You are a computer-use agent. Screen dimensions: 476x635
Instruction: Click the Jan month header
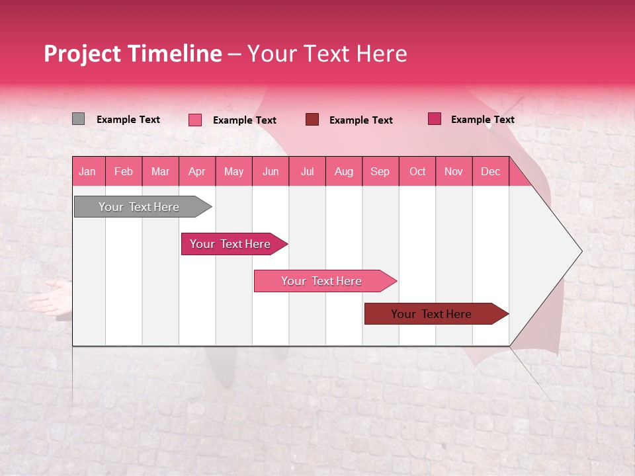pos(87,171)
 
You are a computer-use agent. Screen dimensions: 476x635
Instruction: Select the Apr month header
pos(196,171)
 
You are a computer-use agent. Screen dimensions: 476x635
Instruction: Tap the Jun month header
pos(271,171)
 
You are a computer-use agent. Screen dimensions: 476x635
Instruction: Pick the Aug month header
pos(343,171)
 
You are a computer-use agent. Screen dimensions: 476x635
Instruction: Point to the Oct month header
pos(417,171)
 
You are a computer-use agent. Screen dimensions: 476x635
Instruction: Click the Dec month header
pos(490,171)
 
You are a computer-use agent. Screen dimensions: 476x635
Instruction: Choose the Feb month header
pos(124,171)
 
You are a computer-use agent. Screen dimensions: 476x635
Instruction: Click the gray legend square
pos(78,119)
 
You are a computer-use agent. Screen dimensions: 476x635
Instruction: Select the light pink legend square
pos(195,120)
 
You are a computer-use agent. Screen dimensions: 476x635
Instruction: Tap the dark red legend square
pos(312,120)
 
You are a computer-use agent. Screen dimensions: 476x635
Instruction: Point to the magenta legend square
pos(435,119)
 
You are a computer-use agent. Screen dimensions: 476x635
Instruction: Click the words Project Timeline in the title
pos(132,54)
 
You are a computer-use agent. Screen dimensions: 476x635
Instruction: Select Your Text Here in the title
pos(327,54)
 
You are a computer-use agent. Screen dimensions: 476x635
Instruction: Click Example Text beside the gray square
pos(128,120)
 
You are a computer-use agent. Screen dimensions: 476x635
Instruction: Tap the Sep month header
pos(380,171)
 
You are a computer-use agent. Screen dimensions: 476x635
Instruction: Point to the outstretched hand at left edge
pos(50,296)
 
